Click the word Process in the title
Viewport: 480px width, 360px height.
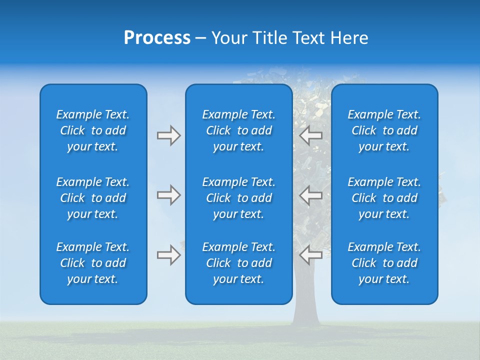tap(157, 38)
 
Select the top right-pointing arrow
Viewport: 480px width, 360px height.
tap(169, 135)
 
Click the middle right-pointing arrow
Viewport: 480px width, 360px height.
tap(169, 194)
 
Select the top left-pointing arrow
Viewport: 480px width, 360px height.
tap(310, 135)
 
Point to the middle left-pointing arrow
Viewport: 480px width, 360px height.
tap(310, 194)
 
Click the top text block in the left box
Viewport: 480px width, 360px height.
tap(93, 130)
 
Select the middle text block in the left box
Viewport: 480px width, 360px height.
tap(93, 198)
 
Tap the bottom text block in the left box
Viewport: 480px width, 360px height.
tap(93, 263)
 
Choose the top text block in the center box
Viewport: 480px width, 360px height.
tap(238, 130)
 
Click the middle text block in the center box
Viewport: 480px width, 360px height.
tap(238, 198)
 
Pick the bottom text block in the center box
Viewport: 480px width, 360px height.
tap(238, 263)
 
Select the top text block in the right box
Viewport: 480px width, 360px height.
tap(384, 130)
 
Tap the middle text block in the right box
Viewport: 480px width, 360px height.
tap(384, 198)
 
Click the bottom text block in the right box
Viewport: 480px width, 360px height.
tap(384, 263)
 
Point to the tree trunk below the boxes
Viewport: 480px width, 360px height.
tap(306, 315)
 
